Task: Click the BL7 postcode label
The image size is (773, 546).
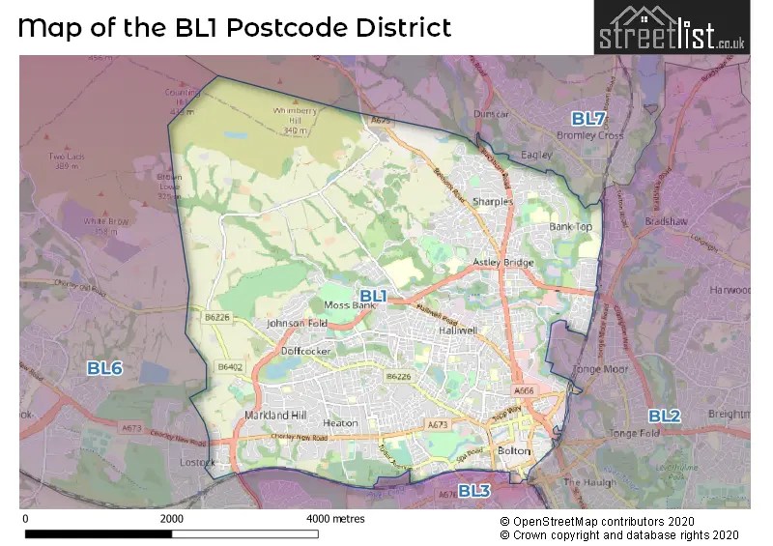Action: (x=587, y=119)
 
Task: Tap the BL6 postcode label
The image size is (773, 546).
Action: (x=104, y=368)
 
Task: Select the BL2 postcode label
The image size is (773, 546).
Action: (x=664, y=417)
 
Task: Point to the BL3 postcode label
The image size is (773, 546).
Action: (x=474, y=491)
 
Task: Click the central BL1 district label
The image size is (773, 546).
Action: (x=373, y=295)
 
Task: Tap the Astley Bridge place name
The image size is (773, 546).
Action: (x=502, y=263)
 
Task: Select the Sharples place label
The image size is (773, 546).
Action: (x=492, y=202)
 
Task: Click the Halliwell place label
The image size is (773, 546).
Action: (x=458, y=330)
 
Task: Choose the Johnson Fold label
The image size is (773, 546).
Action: (x=297, y=323)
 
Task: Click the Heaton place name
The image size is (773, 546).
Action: (x=340, y=423)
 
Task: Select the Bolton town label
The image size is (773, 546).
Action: (x=513, y=451)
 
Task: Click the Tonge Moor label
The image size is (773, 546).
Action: (x=600, y=369)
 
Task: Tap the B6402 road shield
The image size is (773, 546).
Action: (x=229, y=367)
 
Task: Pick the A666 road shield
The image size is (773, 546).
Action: (x=524, y=390)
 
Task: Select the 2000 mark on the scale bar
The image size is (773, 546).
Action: (x=172, y=519)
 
